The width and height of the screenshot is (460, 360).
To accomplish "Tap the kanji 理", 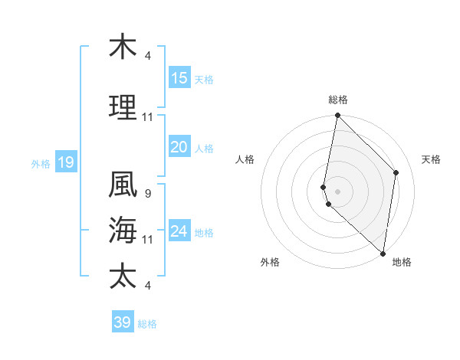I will (123, 109).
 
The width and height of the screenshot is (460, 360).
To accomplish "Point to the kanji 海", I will (123, 229).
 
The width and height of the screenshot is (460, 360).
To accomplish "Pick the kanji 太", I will (123, 275).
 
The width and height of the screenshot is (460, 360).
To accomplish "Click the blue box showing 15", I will (179, 78).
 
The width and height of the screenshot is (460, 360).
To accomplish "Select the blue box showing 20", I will (179, 148).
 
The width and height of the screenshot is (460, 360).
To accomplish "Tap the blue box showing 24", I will (179, 232).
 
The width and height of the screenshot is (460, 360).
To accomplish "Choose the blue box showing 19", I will (65, 162).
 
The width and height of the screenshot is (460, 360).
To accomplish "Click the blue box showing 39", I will (123, 322).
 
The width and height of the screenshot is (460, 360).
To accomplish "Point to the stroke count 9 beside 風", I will (147, 193).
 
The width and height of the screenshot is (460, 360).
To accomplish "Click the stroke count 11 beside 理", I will (148, 117).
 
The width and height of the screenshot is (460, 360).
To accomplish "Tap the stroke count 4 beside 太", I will (147, 285).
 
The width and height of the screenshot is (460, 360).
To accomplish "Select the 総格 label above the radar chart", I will (338, 100).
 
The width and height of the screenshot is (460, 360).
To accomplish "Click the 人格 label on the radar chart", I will (245, 159).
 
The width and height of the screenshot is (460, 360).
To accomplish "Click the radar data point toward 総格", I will (337, 116).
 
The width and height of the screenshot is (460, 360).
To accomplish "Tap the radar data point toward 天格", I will (396, 172).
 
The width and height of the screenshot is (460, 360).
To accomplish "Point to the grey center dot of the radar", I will (337, 191).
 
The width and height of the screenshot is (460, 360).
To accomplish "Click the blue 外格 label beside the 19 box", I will (40, 163).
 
